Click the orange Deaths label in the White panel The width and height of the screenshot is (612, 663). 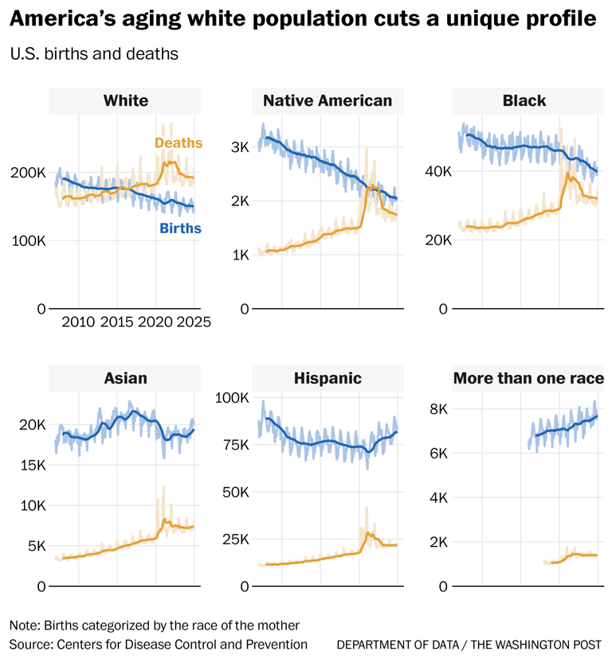(178, 143)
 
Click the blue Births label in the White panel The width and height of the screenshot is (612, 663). (180, 228)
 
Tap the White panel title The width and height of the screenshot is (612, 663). (126, 101)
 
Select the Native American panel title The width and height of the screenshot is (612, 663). (328, 101)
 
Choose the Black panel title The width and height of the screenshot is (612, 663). (524, 101)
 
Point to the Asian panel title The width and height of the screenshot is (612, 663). (126, 378)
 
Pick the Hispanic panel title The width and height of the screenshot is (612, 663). (328, 378)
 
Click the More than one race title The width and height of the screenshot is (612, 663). (525, 378)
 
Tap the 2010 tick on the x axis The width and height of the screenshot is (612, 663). (78, 322)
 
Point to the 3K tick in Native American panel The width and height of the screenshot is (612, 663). (240, 147)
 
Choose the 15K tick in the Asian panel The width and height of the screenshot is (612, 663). (29, 465)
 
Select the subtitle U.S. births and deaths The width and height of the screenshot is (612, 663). (93, 55)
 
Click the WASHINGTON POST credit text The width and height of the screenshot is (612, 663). (554, 644)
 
